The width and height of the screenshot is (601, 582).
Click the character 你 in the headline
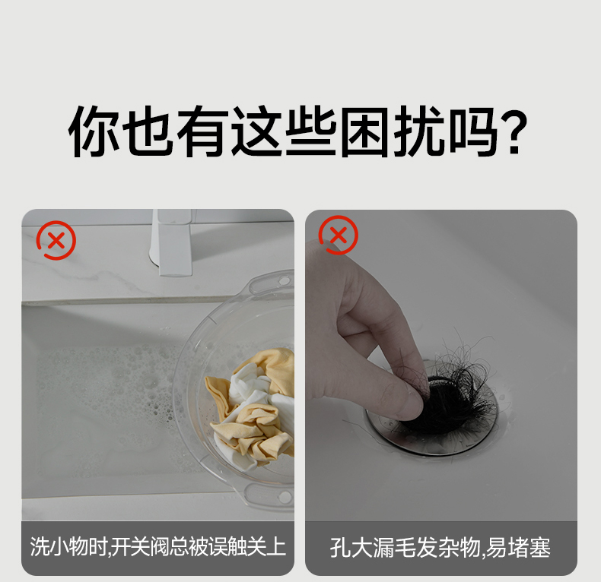pos(94,131)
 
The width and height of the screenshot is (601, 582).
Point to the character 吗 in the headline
pos(473,131)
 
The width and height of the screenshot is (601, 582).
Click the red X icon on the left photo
pos(56,240)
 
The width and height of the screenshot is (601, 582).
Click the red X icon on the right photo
pos(338,235)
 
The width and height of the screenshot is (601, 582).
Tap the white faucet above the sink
pos(173,242)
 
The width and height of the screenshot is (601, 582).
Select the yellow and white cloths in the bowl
pos(252,408)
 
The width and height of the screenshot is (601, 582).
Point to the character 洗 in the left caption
pos(40,546)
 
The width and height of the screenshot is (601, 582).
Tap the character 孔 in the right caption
pos(339,547)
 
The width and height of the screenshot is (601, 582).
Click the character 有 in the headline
pos(202,131)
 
